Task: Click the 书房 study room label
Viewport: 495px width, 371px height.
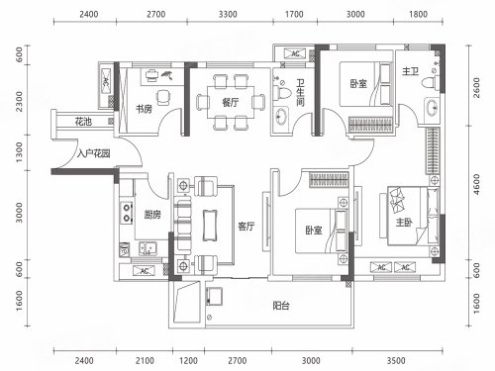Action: pos(144,109)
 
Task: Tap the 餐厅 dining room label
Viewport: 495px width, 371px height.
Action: pos(230,103)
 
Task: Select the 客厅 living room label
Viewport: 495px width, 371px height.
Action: pos(247,227)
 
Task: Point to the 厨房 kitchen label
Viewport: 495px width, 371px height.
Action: pos(152,215)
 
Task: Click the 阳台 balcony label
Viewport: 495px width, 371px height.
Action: pos(281,306)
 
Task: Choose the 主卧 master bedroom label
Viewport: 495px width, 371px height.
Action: pos(404,223)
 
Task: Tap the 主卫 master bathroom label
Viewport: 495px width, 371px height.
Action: pos(410,71)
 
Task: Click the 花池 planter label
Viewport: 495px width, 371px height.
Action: pos(83,122)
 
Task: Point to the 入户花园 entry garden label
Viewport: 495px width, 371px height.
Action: pos(93,153)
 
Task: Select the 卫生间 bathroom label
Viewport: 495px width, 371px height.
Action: pos(300,93)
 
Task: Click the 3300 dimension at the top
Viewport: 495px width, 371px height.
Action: pos(228,14)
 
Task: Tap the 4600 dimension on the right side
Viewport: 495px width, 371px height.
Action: pos(476,184)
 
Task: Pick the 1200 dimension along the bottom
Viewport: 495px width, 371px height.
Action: pos(188,360)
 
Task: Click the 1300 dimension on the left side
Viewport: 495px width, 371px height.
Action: pos(19,152)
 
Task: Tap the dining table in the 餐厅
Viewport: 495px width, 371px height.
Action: pos(231,102)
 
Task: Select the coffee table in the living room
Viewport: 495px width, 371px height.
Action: pos(210,226)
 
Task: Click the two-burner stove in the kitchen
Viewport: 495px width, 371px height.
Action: pos(127,213)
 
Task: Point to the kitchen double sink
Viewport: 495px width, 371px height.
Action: pos(148,248)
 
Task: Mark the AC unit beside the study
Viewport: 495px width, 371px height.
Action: pos(106,82)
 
